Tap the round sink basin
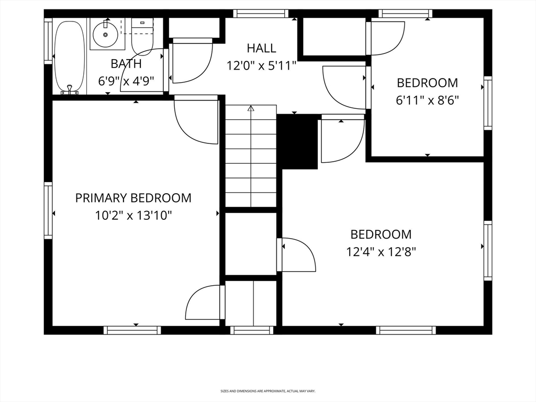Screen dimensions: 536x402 click(105, 34)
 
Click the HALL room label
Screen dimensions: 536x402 click(262, 48)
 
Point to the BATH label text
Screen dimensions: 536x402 click(126, 63)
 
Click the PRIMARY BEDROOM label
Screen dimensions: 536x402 click(133, 198)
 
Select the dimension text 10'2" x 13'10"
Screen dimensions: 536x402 click(133, 216)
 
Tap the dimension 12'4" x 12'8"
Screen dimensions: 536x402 click(381, 252)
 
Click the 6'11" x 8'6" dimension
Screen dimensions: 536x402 click(427, 100)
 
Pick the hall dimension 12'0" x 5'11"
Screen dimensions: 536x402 click(262, 65)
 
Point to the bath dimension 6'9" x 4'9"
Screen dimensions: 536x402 click(126, 81)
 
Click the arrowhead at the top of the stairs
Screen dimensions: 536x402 click(251, 108)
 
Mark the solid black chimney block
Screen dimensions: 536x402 click(297, 141)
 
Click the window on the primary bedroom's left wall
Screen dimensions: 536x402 click(48, 210)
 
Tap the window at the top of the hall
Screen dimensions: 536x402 click(261, 13)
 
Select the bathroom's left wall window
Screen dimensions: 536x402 click(48, 41)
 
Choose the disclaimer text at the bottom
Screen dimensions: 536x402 click(268, 390)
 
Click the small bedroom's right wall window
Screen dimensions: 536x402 click(488, 103)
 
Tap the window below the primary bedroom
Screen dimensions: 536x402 click(132, 330)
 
